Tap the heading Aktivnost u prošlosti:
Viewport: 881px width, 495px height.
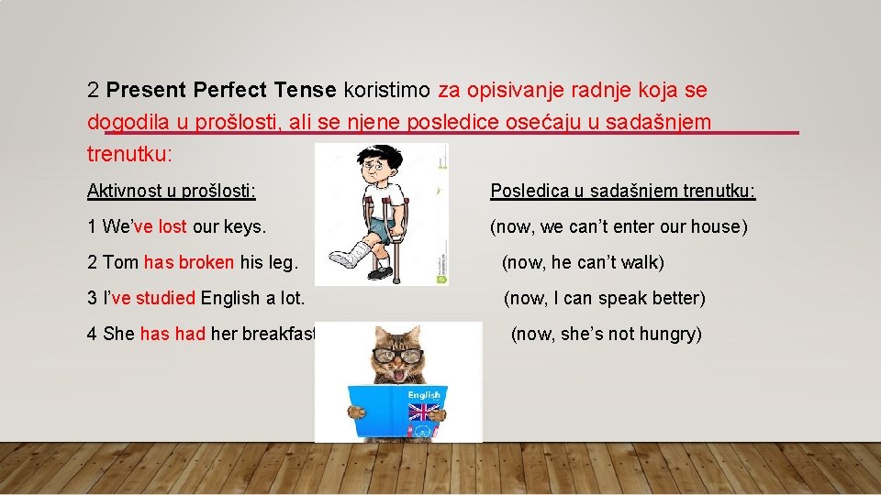(172, 191)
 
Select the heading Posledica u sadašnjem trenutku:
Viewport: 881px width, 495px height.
(623, 191)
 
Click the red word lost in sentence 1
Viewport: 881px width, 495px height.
(173, 226)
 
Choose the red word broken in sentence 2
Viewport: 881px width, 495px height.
(206, 262)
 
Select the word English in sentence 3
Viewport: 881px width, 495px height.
(229, 298)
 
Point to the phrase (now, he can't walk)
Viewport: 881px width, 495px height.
(583, 262)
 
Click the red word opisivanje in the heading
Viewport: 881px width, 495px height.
(517, 90)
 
